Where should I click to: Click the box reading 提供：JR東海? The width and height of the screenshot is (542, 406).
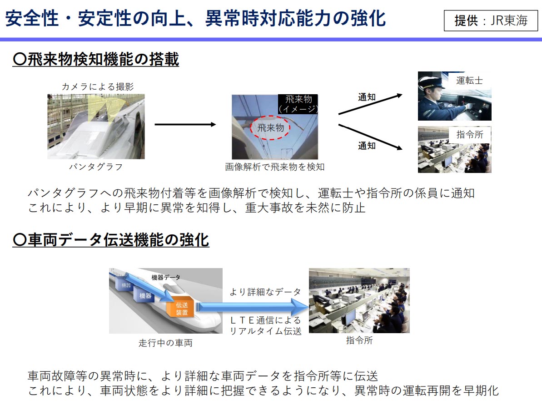(x=491, y=20)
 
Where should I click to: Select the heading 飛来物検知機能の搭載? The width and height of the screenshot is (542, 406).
(x=96, y=59)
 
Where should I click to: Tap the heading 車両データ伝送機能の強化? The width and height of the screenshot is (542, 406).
(x=110, y=240)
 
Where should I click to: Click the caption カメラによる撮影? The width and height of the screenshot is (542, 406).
(x=98, y=86)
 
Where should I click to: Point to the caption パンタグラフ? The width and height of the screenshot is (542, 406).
(x=96, y=167)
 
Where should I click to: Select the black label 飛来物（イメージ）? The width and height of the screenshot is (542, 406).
(x=298, y=104)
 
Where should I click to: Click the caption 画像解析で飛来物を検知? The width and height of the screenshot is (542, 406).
(x=275, y=167)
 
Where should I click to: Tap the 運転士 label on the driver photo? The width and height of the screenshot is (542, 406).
(x=469, y=81)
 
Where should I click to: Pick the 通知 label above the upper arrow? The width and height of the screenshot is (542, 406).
(x=367, y=97)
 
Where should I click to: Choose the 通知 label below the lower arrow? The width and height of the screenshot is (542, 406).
(x=367, y=146)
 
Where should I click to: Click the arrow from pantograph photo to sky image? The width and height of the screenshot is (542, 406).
(x=185, y=124)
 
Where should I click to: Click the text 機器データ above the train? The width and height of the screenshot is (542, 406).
(x=166, y=278)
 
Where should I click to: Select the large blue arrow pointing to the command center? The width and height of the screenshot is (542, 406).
(x=252, y=307)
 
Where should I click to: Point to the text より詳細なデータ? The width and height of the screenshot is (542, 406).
(x=265, y=292)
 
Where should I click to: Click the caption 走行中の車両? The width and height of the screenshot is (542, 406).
(x=165, y=343)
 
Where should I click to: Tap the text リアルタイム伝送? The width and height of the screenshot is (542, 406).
(x=265, y=331)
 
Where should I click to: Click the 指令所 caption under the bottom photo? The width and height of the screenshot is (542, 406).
(x=359, y=340)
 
